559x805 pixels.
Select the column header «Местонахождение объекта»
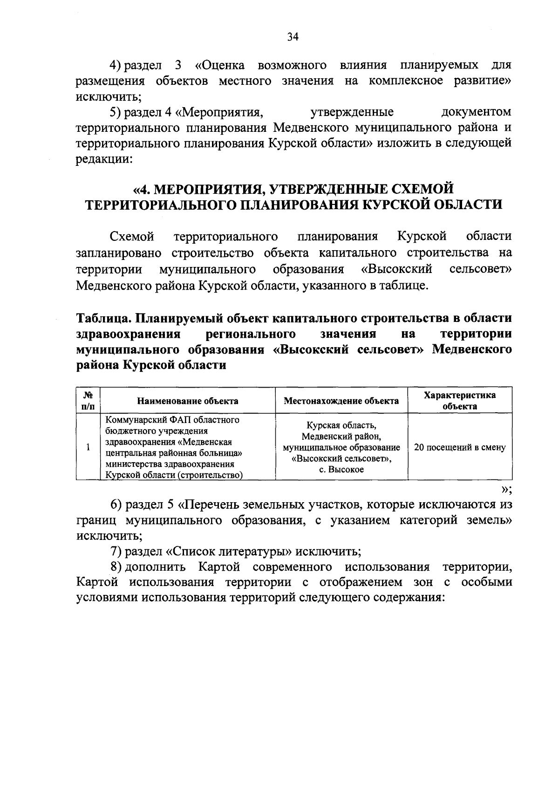341,401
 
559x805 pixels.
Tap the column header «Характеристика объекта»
460,401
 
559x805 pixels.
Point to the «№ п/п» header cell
88,401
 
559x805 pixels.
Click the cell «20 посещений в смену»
460,448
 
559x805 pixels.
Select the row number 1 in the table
88,448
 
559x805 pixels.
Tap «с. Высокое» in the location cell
341,470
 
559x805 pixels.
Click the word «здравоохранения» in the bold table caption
128,334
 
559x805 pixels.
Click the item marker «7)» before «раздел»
116,552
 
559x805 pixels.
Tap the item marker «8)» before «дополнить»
116,567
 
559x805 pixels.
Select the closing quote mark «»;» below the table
506,489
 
